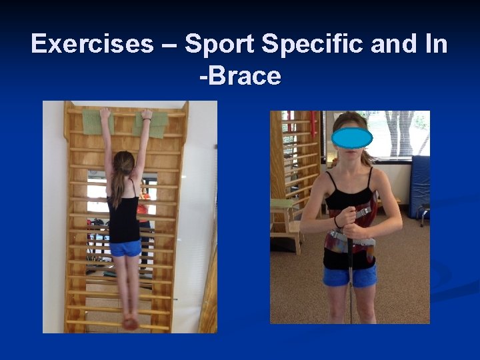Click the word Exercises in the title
tap(91, 44)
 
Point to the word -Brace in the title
tap(240, 76)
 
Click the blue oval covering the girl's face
tap(351, 137)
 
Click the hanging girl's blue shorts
tap(125, 248)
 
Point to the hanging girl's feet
tap(130, 322)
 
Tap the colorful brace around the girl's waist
tap(350, 247)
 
